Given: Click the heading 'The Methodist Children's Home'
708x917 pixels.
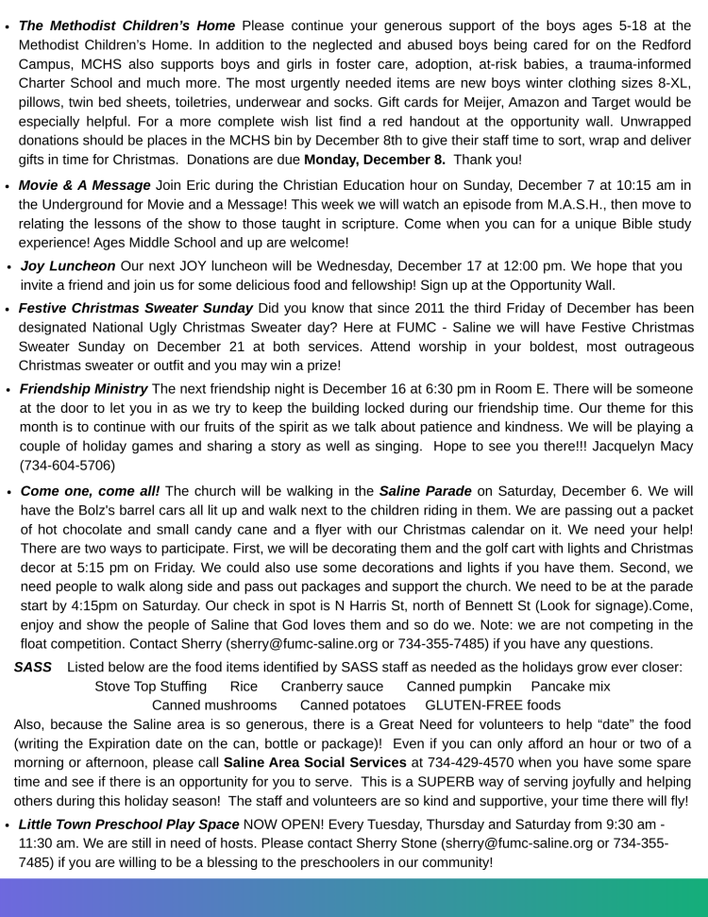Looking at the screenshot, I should coord(127,25).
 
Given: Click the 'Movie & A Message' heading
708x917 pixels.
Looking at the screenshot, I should coord(84,185).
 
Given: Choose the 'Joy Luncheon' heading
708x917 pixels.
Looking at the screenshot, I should coord(68,265).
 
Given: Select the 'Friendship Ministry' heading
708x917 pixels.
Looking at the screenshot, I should coord(84,388).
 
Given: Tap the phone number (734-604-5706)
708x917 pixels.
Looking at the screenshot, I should coord(67,465).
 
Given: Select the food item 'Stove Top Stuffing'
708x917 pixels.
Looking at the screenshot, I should coord(151,687).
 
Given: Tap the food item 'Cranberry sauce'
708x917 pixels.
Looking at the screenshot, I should coord(332,687).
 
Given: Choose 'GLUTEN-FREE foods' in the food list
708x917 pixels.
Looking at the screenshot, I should coord(493,705).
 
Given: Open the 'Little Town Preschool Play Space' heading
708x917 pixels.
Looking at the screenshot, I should coord(129,824).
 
